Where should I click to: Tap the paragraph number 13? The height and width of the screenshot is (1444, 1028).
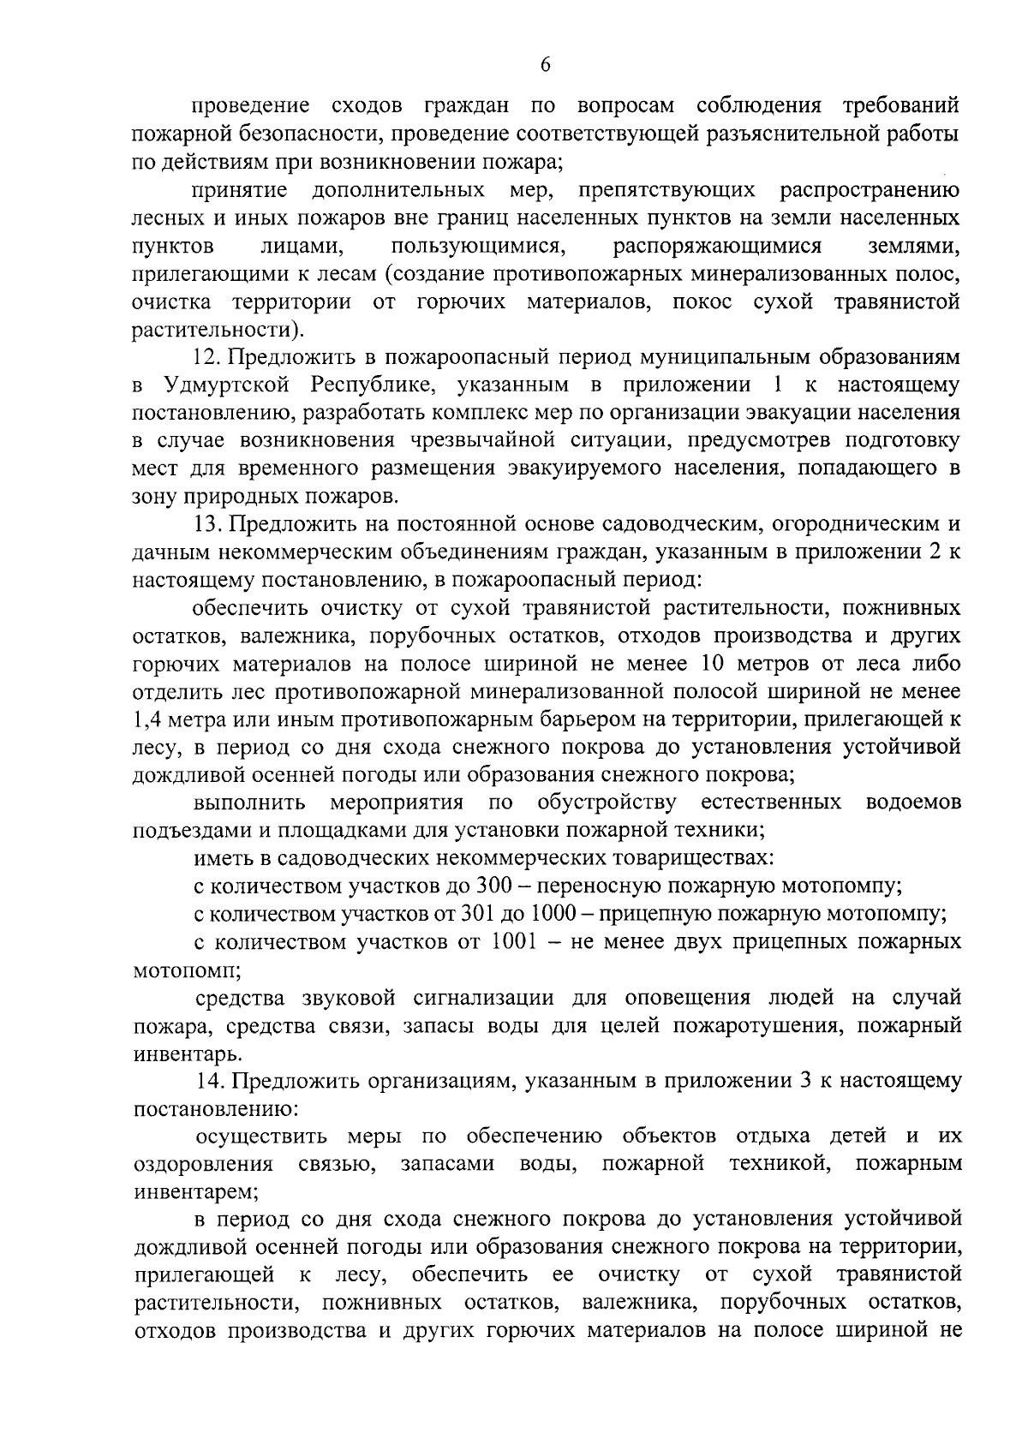207,525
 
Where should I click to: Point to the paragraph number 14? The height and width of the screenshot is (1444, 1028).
207,1082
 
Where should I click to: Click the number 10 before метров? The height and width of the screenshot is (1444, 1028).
714,663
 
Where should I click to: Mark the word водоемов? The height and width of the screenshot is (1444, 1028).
914,803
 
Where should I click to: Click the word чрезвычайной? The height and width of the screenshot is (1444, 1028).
471,440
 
